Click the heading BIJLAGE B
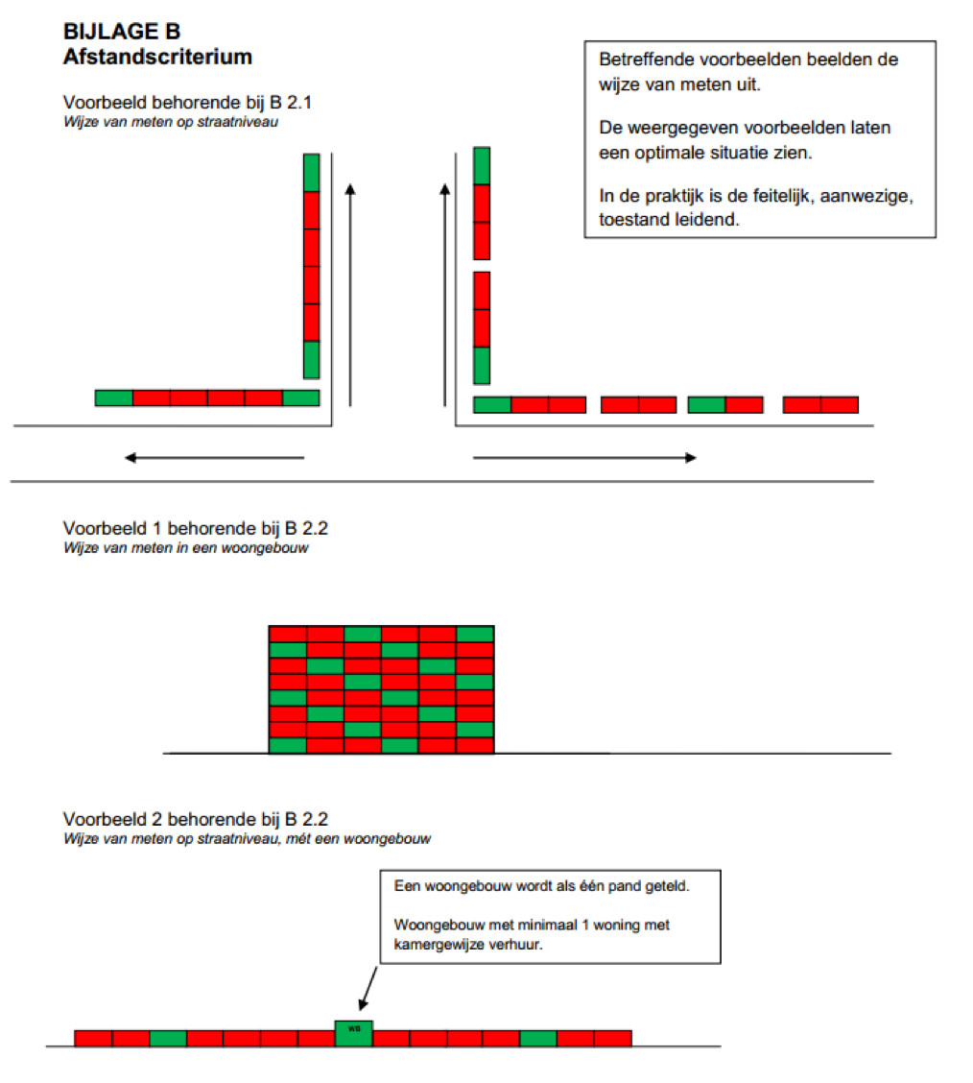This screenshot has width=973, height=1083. point(122,31)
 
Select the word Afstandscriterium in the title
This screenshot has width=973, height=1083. point(157,57)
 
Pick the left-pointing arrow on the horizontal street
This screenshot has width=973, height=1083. point(214,457)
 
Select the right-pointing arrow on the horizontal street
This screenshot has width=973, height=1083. point(584,457)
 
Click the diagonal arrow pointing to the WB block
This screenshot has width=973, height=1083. point(368,988)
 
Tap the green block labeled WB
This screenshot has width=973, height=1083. point(354,1033)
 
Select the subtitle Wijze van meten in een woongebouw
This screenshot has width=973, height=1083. point(185,547)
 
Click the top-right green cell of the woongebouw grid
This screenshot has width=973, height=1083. point(475,634)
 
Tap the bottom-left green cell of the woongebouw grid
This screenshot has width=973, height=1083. point(288,745)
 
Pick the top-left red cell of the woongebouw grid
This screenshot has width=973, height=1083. point(288,634)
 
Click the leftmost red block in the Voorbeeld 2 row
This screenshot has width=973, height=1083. point(93,1038)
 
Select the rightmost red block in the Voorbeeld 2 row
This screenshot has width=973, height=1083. point(613,1038)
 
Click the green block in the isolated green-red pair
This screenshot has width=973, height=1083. point(706,405)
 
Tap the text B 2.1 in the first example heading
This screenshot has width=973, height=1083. point(291,102)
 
